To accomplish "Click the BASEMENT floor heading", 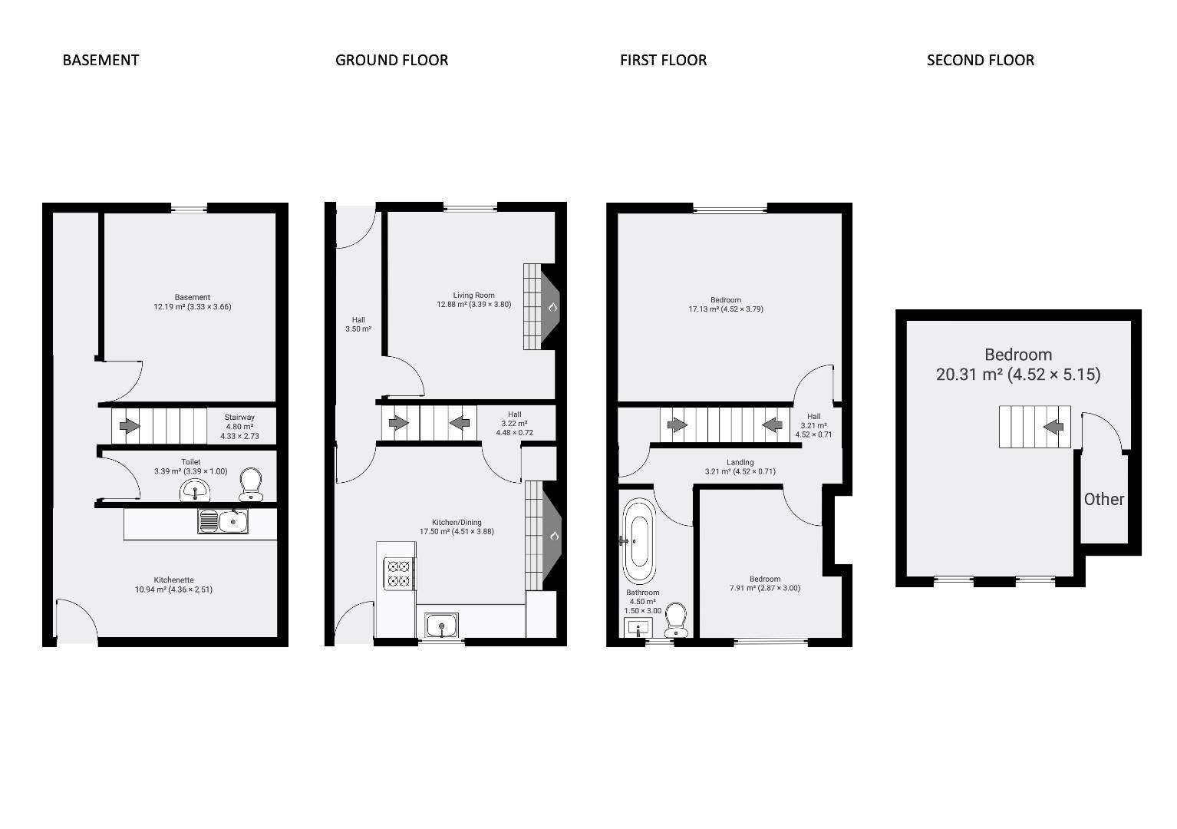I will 101,60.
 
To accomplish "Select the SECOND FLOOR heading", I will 980,60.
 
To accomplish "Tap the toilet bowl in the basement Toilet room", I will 251,485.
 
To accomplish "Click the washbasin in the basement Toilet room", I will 196,490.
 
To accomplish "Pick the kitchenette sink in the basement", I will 223,521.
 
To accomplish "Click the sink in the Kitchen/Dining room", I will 441,626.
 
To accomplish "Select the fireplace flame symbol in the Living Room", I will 552,307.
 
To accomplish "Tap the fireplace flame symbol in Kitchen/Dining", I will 552,536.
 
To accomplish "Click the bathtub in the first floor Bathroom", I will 638,540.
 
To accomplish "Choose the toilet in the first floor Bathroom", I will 675,620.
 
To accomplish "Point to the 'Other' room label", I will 1103,499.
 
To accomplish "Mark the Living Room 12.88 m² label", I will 473,300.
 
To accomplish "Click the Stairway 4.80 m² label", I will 239,427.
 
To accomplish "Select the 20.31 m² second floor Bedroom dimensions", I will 1017,375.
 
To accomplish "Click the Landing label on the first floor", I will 740,467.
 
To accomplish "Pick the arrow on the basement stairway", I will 125,424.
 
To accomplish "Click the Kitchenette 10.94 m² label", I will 173,585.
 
